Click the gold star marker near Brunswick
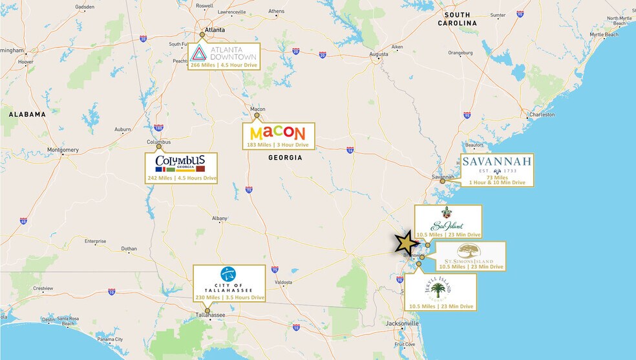tap(406, 243)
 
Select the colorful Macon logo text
tap(277, 133)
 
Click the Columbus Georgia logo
tap(180, 162)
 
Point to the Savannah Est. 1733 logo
tap(496, 163)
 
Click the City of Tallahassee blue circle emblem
tap(228, 274)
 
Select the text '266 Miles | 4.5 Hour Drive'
tap(224, 65)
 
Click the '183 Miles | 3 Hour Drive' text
tap(277, 145)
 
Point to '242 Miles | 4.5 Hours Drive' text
tap(182, 178)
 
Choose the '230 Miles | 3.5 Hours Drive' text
tap(229, 297)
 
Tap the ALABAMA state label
tap(27, 114)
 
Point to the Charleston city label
tap(541, 115)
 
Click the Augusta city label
tap(378, 54)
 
